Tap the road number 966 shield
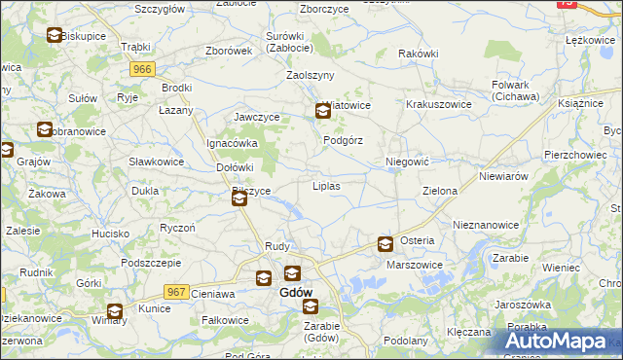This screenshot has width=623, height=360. coord(142,69)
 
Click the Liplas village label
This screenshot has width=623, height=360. coord(325,185)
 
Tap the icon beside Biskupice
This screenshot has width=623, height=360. coord(54,36)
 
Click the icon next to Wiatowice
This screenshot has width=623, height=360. coord(323,112)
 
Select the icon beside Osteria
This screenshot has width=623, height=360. coord(385,244)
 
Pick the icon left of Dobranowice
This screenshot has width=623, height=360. coord(44,129)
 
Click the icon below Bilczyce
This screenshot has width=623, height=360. coord(239,199)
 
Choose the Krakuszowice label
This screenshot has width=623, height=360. coord(438,104)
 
